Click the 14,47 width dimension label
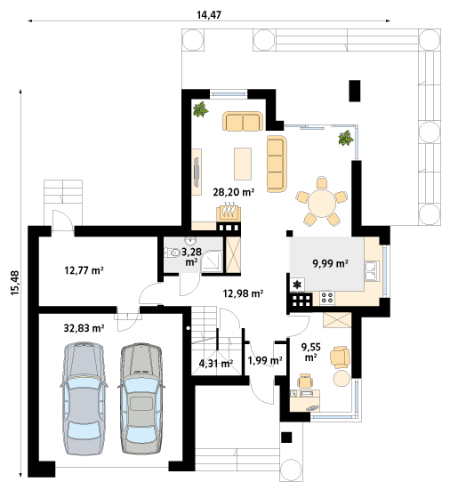pyautogui.click(x=209, y=15)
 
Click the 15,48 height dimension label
pyautogui.click(x=15, y=283)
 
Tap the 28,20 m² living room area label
pyautogui.click(x=233, y=192)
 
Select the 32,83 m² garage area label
pyautogui.click(x=84, y=328)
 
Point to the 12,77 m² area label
pyautogui.click(x=84, y=270)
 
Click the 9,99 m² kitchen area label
pyautogui.click(x=330, y=264)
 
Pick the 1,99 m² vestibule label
pyautogui.click(x=265, y=361)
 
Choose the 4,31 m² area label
pyautogui.click(x=216, y=363)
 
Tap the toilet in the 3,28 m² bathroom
pyautogui.click(x=172, y=253)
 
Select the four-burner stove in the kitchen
pyautogui.click(x=327, y=297)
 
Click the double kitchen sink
pyautogui.click(x=372, y=271)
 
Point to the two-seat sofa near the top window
pyautogui.click(x=243, y=121)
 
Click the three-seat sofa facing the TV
pyautogui.click(x=277, y=164)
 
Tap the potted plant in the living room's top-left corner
pyautogui.click(x=200, y=109)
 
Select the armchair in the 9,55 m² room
pyautogui.click(x=340, y=357)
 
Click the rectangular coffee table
pyautogui.click(x=243, y=164)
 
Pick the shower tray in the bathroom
pyautogui.click(x=212, y=261)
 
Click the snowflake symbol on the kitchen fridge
pyautogui.click(x=298, y=284)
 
